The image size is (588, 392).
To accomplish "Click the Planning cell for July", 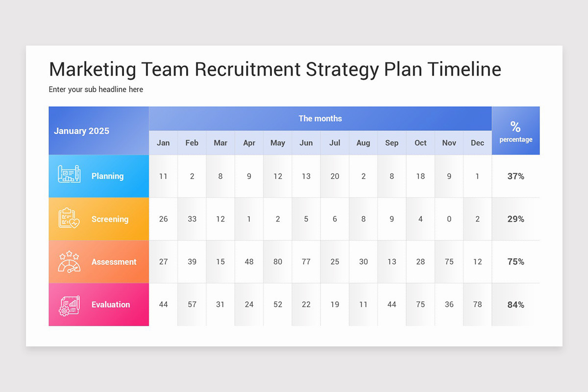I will pos(335,176).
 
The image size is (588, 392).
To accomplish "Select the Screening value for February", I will pos(192,219).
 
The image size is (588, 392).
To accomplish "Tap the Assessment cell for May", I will pos(278,262).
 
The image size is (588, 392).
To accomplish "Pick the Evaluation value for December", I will pos(477,304).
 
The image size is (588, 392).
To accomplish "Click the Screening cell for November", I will pos(449,219).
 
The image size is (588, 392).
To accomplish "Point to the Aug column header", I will pos(363,143).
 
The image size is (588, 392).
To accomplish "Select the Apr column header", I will pos(249,143).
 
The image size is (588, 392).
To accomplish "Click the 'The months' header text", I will pos(320,119).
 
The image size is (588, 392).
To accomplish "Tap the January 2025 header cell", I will pos(82,131).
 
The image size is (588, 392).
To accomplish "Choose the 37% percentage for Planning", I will pos(515,176).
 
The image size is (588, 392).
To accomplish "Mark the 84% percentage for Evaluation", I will pos(515,305).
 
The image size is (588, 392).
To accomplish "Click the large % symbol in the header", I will pos(515,126).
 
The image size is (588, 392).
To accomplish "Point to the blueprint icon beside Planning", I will pos(69,174).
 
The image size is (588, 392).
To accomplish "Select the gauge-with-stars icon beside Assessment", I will pos(69,261).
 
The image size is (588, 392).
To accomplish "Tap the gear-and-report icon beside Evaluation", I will pos(69,304).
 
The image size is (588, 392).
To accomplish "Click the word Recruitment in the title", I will pos(247,69).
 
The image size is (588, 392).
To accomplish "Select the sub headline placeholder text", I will pos(96,90).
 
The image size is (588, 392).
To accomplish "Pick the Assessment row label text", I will pos(114,262).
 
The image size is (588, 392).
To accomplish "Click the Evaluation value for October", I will pos(420,304).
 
